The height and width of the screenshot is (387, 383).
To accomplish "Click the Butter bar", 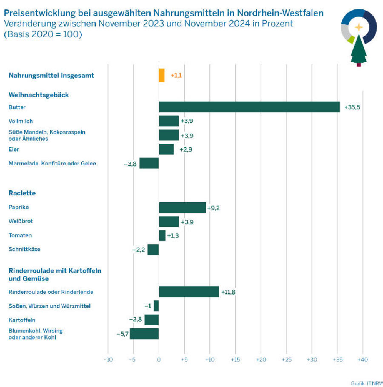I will (249, 107).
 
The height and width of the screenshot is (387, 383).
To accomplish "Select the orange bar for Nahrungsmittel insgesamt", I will (161, 75).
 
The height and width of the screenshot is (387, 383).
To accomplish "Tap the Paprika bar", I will (182, 207).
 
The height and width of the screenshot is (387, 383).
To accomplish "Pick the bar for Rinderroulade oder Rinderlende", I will (189, 292).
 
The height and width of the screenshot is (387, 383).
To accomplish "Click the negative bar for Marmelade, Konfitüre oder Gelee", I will (149, 163).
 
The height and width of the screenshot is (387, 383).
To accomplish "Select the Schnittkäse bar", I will (153, 249).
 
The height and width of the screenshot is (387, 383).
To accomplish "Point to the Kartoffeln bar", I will (151, 320).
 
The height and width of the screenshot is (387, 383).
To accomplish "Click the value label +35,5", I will (352, 107).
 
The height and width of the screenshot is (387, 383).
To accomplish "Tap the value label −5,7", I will (123, 334).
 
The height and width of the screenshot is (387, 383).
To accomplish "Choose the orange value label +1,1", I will (176, 75).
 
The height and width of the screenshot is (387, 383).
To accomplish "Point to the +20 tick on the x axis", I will (261, 360).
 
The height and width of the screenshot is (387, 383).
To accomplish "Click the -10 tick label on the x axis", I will (108, 360).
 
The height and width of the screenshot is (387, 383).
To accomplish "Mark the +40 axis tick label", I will (363, 360).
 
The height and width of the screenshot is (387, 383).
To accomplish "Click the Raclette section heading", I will (22, 193).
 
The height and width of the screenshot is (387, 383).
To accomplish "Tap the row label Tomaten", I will (20, 235).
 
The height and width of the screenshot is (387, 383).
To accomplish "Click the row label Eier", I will (14, 149).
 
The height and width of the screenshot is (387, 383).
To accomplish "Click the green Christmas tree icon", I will (358, 50).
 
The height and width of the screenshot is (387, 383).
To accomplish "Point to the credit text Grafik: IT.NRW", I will (366, 383).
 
